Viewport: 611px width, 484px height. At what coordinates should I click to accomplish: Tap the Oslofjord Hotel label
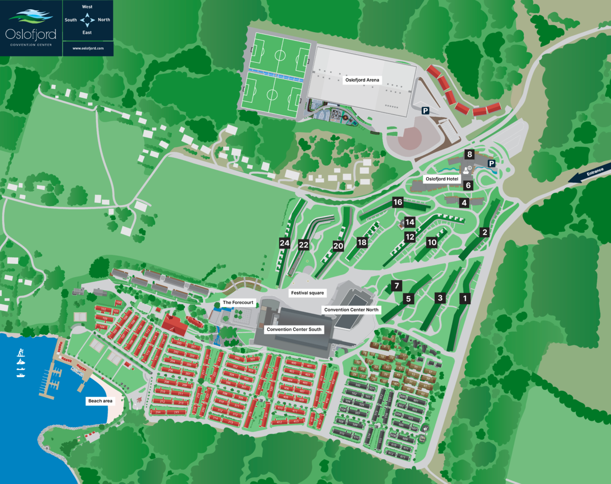coord(442,179)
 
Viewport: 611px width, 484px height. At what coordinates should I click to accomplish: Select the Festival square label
coord(307,293)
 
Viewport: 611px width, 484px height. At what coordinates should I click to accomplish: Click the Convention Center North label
coord(351,309)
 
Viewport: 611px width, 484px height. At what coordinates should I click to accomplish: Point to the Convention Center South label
coord(294,329)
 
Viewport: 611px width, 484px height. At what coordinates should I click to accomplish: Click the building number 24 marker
coord(285,244)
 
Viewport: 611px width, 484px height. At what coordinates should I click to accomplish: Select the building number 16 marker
coord(398,202)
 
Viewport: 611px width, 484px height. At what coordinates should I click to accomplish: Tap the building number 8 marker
coord(469,154)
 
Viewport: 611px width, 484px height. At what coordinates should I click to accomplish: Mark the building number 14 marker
coord(410,222)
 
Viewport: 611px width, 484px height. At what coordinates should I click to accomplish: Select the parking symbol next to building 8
coord(492,164)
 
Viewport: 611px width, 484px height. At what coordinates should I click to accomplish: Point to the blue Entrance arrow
coord(591,174)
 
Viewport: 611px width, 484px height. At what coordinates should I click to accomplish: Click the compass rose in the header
coord(88,20)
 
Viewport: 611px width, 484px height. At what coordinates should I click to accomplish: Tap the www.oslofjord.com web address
coord(88,48)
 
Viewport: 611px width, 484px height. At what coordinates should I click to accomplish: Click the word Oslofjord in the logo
coord(31,34)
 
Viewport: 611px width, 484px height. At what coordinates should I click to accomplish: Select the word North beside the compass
coord(104,20)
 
